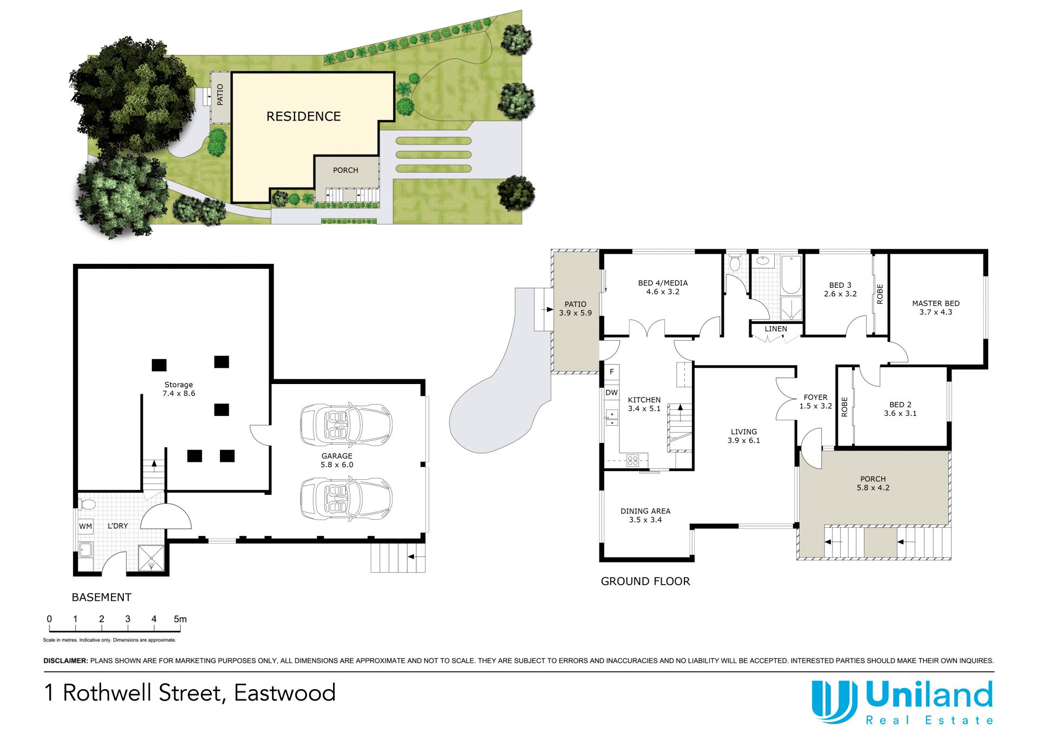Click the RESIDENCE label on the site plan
coord(303,116)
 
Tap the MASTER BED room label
coord(936,303)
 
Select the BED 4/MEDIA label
coord(663,283)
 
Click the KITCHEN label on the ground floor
coord(644,400)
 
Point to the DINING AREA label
coord(645,511)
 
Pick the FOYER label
coord(815,397)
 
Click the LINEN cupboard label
coord(776,329)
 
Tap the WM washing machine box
coord(85,526)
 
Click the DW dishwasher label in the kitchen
coord(611,393)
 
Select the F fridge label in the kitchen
coord(612,372)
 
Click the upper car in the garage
coord(346,425)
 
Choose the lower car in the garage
coord(346,499)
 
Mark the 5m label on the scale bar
coord(180,619)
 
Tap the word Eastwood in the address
coord(285,693)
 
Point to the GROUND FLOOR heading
coord(646,581)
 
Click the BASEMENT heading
coord(102,597)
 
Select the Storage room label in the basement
coord(178,385)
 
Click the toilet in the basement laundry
coord(86,505)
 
